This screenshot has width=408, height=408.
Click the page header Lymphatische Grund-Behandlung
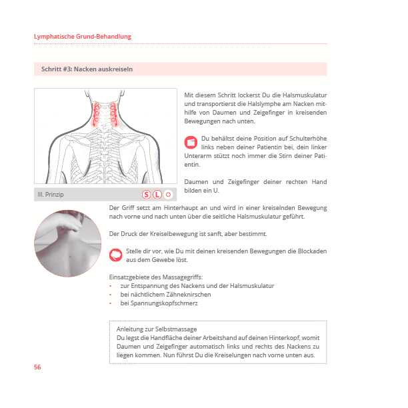click(83, 36)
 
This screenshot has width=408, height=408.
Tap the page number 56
click(37, 367)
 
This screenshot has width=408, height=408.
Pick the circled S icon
click(146, 195)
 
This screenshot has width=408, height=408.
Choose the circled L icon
click(157, 195)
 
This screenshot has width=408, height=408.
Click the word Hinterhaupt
click(172, 207)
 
